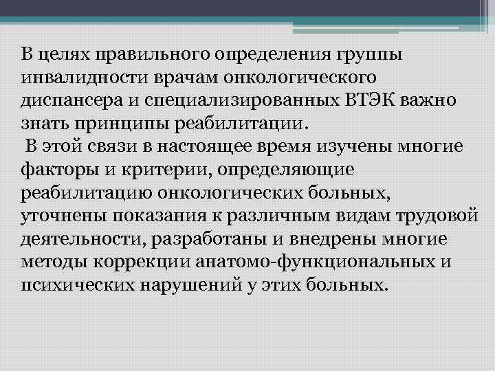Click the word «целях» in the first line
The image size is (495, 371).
(x=60, y=54)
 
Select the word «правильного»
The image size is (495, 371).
(x=142, y=54)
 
